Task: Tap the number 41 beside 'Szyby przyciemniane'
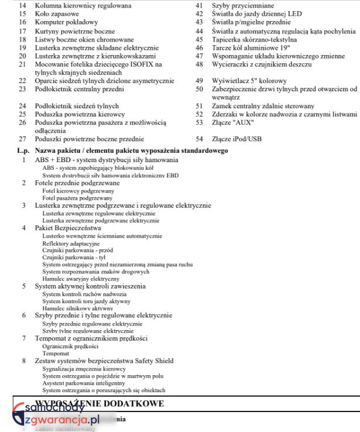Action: pos(199,5)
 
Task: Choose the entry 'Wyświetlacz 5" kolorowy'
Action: pos(249,80)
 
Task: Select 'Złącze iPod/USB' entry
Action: pos(237,139)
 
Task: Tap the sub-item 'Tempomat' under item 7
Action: pos(56,354)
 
